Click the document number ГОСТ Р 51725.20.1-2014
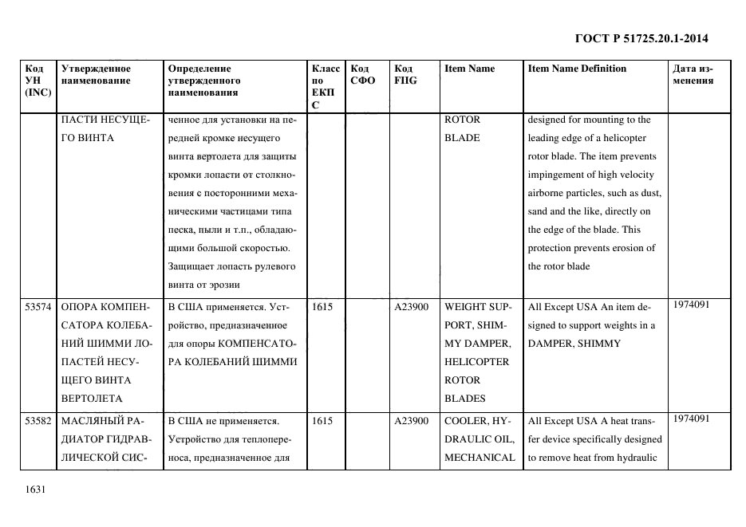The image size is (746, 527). coord(641,38)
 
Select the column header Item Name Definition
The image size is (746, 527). coord(577,69)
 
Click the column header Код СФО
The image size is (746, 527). coord(362,74)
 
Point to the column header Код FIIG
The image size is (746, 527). coord(405,74)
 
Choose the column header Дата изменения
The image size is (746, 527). coord(693,74)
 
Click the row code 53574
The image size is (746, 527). coord(38,307)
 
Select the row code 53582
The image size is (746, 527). coord(38,421)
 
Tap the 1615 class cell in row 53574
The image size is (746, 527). coord(322,307)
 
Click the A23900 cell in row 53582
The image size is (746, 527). coord(412,421)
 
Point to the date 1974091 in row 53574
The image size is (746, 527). coord(691,304)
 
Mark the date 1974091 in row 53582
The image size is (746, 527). coord(691,418)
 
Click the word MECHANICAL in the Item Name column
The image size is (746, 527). coord(480,458)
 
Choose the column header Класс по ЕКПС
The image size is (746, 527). coord(326,86)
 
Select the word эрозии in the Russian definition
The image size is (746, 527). coord(223,285)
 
